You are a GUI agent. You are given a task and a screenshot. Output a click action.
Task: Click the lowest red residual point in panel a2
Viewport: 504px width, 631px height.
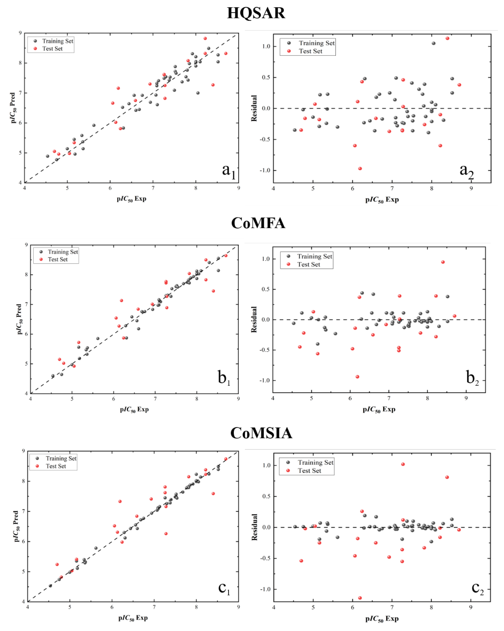pos(360,169)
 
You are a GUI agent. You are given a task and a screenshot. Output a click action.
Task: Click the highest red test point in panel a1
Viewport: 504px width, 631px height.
pos(205,38)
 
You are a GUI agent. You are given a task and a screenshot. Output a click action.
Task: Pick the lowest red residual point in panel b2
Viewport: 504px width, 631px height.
pos(357,377)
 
